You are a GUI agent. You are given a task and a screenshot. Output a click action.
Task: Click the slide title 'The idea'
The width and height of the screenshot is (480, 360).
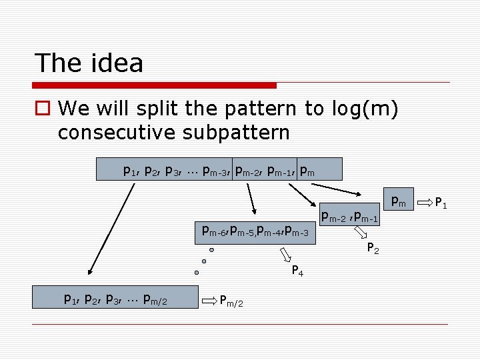click(89, 63)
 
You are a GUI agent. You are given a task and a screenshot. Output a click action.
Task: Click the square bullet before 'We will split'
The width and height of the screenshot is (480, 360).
click(43, 108)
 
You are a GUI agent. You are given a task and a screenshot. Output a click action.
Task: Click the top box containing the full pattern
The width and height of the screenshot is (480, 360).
click(219, 169)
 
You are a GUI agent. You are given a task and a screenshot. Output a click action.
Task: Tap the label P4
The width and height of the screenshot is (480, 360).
click(298, 270)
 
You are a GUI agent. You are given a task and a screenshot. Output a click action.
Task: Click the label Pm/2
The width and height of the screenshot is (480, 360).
click(231, 301)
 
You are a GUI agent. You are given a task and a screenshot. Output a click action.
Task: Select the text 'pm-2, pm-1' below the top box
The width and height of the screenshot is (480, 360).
click(350, 216)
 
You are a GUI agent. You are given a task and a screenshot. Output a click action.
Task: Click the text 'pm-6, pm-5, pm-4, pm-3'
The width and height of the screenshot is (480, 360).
click(255, 231)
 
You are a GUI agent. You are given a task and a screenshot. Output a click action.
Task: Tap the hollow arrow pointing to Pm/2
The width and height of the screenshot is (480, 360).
click(210, 300)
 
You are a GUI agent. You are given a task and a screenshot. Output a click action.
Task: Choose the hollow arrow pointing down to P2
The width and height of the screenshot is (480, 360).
click(361, 233)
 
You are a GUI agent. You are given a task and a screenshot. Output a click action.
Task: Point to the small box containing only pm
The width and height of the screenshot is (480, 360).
click(399, 199)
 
